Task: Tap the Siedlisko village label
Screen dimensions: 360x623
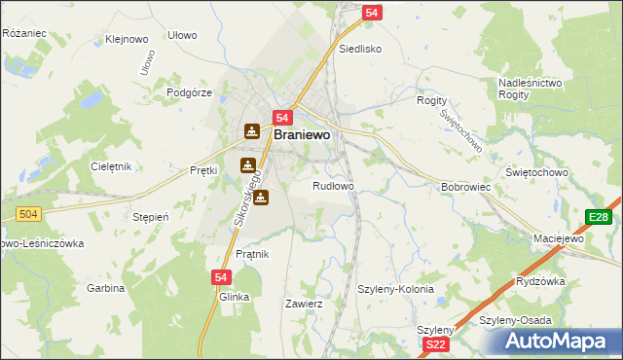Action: point(359,48)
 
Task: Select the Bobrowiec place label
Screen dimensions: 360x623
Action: point(464,186)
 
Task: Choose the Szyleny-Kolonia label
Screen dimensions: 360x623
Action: point(395,289)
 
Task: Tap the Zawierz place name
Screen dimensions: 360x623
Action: point(303,304)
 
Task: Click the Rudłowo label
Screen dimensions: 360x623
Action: point(333,185)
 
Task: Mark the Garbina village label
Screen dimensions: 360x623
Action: point(106,288)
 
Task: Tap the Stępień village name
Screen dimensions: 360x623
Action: point(151,217)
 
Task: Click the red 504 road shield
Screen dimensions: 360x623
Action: point(29,213)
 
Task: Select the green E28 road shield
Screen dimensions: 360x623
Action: point(599,217)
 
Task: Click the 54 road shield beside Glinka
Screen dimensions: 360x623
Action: point(220,277)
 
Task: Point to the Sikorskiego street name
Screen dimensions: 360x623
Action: point(248,204)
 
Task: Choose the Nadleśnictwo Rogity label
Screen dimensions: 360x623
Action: point(530,90)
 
